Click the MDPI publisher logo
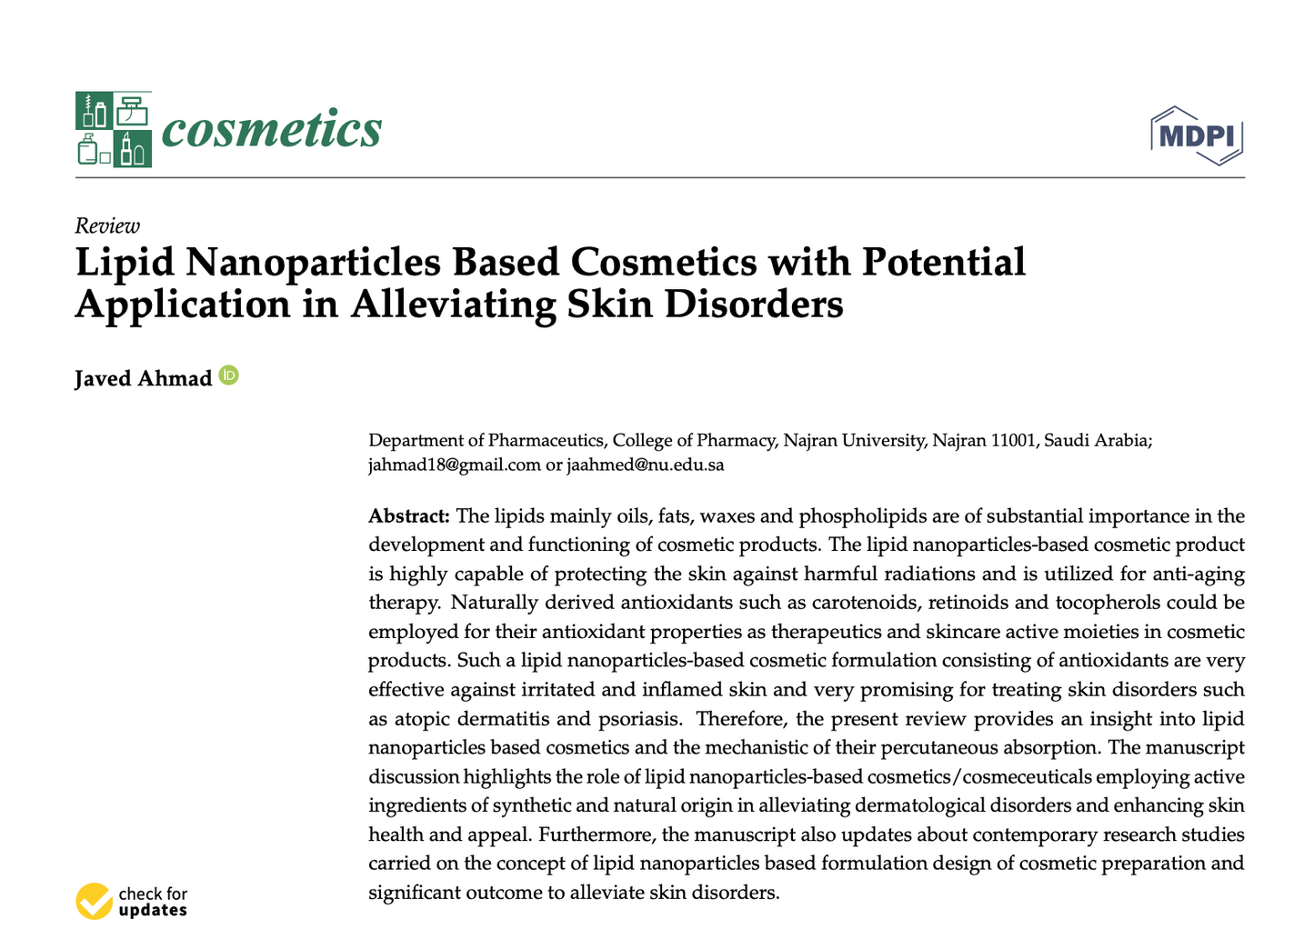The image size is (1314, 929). pyautogui.click(x=1197, y=135)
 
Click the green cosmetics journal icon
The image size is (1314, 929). pyautogui.click(x=114, y=129)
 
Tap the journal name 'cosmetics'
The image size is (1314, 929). pyautogui.click(x=271, y=129)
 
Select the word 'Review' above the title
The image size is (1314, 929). pyautogui.click(x=107, y=225)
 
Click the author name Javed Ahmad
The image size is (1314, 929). pyautogui.click(x=143, y=378)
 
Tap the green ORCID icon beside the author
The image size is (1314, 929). pyautogui.click(x=229, y=375)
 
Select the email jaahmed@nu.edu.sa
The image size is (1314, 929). pyautogui.click(x=646, y=464)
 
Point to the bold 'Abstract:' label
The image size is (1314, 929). pyautogui.click(x=409, y=516)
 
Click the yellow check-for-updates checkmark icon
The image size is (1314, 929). pyautogui.click(x=94, y=901)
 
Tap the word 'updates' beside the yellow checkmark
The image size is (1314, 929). pyautogui.click(x=153, y=910)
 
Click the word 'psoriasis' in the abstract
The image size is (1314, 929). pyautogui.click(x=639, y=719)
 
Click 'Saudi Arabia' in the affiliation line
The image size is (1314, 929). pyautogui.click(x=1098, y=441)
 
